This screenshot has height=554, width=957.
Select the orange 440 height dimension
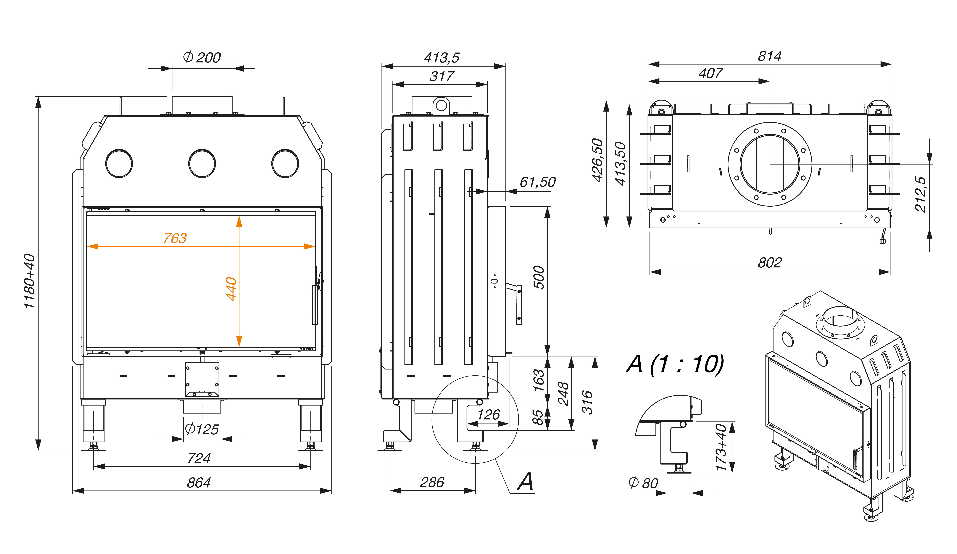(x=231, y=289)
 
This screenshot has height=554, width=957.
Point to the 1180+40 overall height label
(x=29, y=281)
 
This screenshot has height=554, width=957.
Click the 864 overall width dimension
(x=199, y=483)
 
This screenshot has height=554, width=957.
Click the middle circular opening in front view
(x=202, y=163)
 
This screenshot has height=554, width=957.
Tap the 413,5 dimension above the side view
(x=442, y=58)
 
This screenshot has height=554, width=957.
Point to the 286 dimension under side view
(x=432, y=482)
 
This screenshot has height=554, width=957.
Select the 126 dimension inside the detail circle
(x=489, y=415)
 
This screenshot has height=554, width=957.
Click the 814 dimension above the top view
(x=770, y=56)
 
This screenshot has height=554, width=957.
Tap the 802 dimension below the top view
(x=770, y=262)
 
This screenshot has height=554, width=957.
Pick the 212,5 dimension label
(x=921, y=194)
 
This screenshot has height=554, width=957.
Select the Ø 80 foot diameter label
(x=643, y=483)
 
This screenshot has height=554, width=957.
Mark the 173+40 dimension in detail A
(x=721, y=447)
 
